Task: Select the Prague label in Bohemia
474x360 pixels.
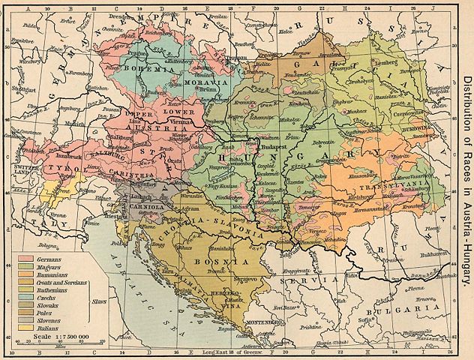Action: coord(135,55)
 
